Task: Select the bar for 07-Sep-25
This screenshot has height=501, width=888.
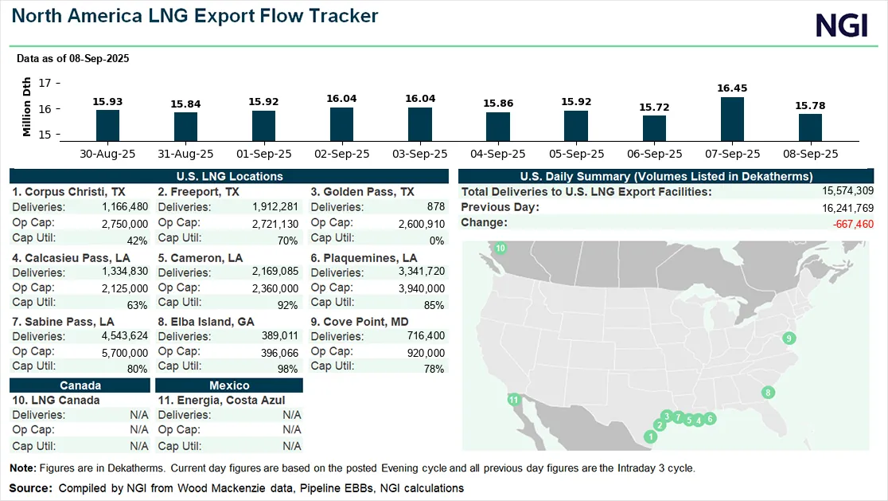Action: [732, 119]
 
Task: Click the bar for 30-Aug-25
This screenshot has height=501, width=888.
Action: [107, 125]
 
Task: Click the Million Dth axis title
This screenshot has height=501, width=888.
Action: [27, 107]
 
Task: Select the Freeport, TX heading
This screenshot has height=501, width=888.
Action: [198, 192]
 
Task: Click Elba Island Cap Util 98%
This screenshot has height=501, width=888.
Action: [287, 369]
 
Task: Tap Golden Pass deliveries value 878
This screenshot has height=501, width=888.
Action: [434, 207]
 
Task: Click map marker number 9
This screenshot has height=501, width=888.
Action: [789, 339]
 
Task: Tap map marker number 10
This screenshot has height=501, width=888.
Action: [500, 249]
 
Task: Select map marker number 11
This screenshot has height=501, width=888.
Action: [514, 399]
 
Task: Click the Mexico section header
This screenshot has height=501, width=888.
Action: [230, 386]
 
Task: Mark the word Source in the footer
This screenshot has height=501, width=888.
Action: [29, 487]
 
